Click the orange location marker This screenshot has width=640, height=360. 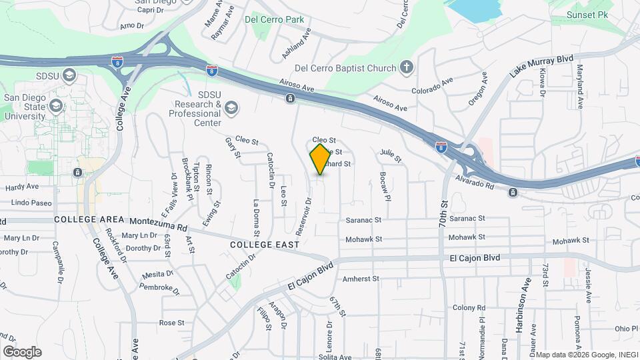pos(321,159)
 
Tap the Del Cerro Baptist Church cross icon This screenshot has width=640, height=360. pos(406,67)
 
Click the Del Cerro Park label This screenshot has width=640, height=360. pos(274,19)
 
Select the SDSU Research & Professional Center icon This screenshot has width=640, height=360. pos(231,107)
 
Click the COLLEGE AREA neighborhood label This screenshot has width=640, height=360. pos(90,219)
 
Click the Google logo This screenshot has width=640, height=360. pos(22,351)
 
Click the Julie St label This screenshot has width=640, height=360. pos(391,155)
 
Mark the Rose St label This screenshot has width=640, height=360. pos(171,323)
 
